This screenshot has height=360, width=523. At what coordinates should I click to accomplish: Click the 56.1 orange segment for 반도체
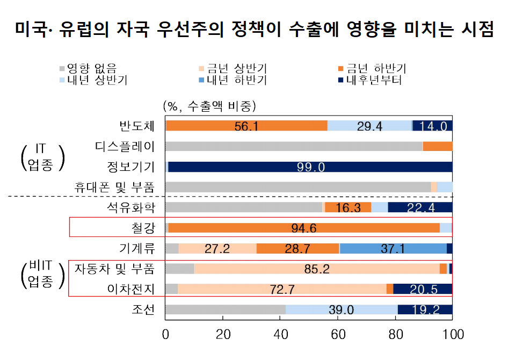(x=247, y=126)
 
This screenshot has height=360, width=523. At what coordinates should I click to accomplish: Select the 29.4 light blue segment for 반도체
(x=369, y=126)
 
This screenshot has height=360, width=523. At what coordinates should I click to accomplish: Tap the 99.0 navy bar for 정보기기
(x=310, y=167)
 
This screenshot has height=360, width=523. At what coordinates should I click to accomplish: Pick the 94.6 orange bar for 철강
(x=304, y=228)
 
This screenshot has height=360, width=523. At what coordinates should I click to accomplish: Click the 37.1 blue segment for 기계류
(x=393, y=248)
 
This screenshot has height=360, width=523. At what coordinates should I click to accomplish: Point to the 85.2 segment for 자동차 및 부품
(x=317, y=269)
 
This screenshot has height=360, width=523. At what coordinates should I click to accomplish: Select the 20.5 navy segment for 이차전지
(x=423, y=289)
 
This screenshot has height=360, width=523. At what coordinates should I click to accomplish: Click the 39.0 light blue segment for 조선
(x=342, y=309)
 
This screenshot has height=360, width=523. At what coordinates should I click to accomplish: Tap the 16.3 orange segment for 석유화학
(x=348, y=207)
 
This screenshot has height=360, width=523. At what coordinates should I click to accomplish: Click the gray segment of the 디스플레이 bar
(x=294, y=146)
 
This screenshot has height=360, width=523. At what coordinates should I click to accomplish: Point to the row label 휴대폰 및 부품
(x=114, y=187)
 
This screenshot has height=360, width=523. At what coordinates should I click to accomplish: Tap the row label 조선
(x=143, y=309)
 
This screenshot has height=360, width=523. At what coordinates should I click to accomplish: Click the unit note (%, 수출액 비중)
(x=209, y=106)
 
